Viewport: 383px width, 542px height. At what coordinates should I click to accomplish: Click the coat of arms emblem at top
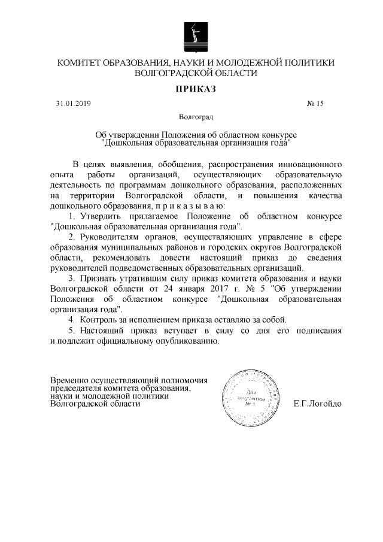[x=191, y=35]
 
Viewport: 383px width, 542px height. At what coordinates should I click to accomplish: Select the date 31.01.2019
[x=73, y=104]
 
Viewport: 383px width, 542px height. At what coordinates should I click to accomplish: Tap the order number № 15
[x=315, y=104]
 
